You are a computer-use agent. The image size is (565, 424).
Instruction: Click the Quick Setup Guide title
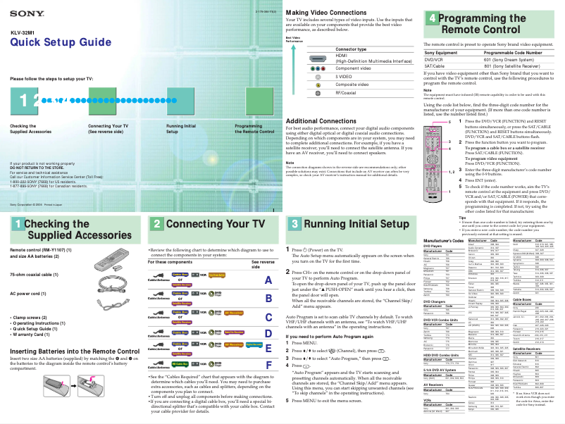(x=56, y=43)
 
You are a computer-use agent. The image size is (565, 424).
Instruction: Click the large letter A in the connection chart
(x=266, y=280)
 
